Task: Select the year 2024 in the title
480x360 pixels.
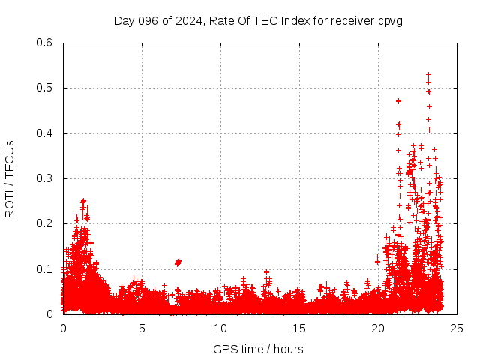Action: tap(187, 21)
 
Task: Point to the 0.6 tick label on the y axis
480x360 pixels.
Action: tap(46, 43)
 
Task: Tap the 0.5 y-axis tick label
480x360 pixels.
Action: tap(46, 88)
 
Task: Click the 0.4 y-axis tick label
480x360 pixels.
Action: tap(46, 133)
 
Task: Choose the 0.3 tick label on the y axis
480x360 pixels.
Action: tap(46, 178)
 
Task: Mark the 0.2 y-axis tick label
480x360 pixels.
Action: tap(46, 223)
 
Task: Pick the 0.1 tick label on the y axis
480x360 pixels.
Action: tap(46, 268)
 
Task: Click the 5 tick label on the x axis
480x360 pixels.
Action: tap(142, 328)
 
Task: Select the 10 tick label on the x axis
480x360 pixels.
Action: tap(220, 328)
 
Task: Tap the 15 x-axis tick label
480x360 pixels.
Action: tap(299, 328)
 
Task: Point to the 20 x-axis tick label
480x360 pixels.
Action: tap(378, 328)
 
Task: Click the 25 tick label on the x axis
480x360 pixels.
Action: tap(457, 328)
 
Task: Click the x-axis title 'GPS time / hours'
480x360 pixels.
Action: tap(258, 349)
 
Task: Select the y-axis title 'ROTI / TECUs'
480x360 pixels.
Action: tap(10, 178)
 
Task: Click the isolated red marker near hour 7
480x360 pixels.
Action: tap(178, 262)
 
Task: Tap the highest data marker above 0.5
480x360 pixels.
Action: tap(428, 75)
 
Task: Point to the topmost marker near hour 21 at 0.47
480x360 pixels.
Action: tap(398, 100)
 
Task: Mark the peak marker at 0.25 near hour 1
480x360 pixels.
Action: tap(83, 201)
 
